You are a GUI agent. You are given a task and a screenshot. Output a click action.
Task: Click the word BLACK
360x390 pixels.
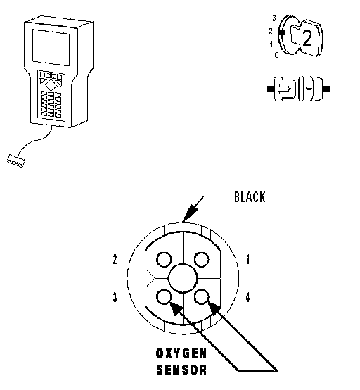point(250,196)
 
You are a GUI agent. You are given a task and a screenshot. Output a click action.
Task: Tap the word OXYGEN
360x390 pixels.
point(181,353)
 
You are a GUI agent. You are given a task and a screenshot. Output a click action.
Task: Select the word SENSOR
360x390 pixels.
point(181,370)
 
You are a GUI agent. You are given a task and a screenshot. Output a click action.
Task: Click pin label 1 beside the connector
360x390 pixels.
point(247,259)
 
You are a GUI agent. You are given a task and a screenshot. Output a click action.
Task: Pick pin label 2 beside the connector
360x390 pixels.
point(115,259)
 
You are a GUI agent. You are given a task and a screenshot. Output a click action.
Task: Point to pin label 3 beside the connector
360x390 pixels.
point(115,297)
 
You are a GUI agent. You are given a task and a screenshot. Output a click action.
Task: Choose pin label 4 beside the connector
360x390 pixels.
point(247,297)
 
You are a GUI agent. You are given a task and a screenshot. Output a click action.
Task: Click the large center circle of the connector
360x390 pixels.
point(183,278)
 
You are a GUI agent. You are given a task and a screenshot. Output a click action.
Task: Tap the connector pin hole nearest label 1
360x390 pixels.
point(202,260)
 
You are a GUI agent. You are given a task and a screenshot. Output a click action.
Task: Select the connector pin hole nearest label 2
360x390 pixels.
point(164,260)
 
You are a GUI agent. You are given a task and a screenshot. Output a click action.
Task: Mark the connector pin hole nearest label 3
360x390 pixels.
point(164,297)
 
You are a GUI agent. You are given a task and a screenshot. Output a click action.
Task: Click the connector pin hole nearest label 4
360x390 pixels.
point(202,297)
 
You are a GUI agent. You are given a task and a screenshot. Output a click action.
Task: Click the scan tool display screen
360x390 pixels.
point(51,47)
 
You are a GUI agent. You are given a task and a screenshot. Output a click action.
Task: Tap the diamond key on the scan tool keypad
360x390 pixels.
point(51,85)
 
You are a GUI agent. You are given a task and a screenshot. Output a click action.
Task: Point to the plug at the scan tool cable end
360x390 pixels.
point(16,161)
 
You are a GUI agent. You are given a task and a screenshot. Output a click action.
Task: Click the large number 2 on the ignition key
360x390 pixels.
point(307,38)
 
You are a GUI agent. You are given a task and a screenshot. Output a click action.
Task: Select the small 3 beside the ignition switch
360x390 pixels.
point(274,18)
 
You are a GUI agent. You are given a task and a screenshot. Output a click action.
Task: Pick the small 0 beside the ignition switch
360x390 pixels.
point(276,55)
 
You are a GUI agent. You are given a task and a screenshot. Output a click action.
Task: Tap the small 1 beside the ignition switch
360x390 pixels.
point(271,44)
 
